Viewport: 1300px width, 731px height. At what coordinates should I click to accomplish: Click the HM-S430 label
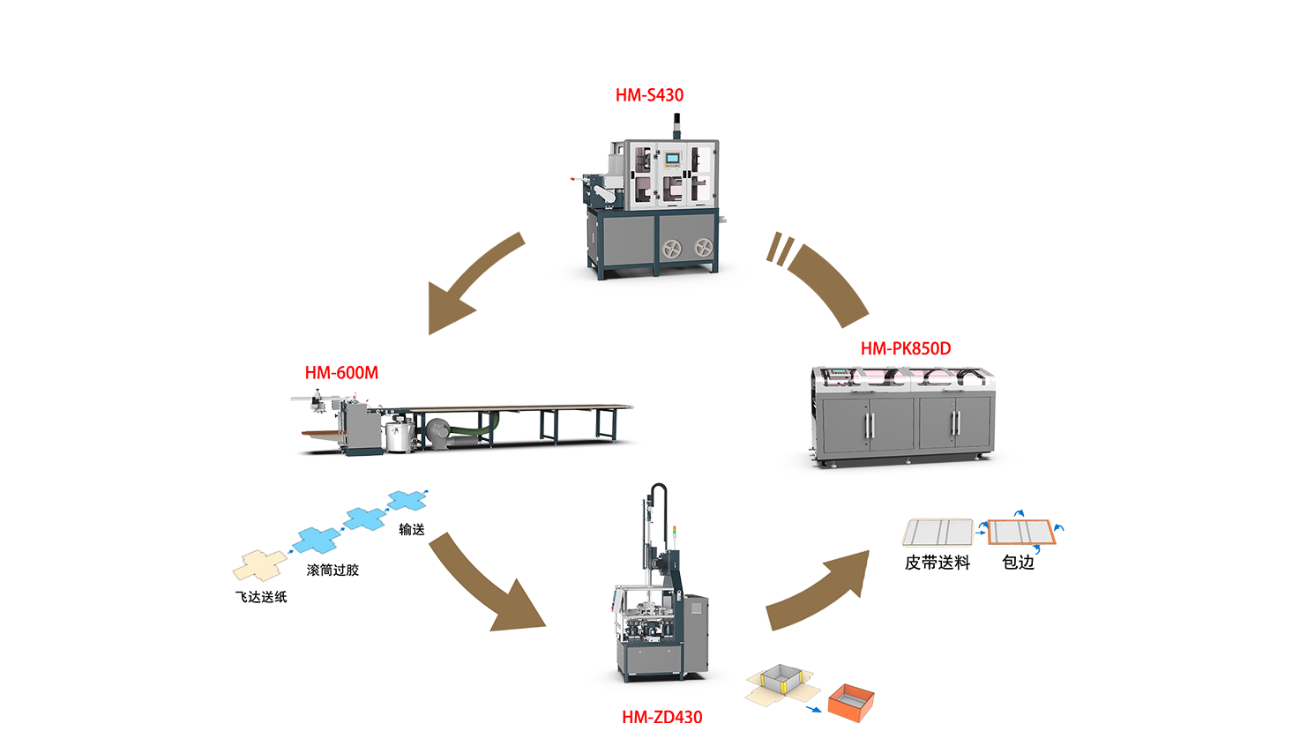[649, 95]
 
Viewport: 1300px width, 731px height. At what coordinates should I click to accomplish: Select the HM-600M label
[341, 373]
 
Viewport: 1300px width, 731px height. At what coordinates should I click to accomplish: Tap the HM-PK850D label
[906, 349]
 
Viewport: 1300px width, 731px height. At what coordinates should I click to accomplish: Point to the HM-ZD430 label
[661, 717]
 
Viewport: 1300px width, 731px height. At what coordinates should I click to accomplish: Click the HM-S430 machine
[654, 207]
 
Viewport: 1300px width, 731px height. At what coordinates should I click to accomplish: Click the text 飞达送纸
[261, 597]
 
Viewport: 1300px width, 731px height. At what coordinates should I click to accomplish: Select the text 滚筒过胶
[332, 570]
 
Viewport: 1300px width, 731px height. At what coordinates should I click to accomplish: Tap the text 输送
[412, 529]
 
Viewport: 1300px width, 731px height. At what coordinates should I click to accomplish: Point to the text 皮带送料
[938, 563]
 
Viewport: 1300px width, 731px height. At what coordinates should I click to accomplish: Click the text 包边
[1018, 563]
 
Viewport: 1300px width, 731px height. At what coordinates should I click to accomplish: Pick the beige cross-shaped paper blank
[259, 565]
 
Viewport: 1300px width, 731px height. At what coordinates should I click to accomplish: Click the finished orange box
[851, 703]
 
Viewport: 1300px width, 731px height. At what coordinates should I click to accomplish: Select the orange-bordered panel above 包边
[1020, 533]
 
